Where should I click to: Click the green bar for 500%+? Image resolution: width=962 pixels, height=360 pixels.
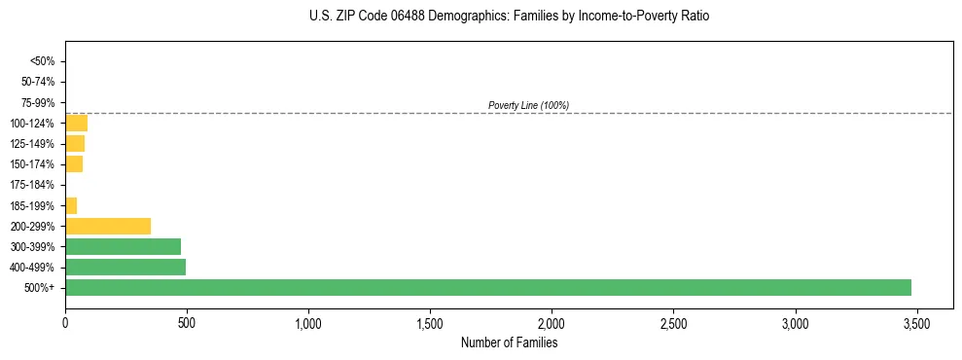(487, 287)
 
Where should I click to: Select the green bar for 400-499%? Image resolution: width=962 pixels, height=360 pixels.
(125, 267)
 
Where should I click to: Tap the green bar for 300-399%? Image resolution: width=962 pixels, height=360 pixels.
(123, 246)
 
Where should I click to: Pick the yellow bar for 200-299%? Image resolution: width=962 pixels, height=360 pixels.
(108, 226)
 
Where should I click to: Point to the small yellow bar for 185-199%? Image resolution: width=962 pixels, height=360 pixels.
(71, 205)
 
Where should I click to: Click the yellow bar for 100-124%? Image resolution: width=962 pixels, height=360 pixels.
(76, 123)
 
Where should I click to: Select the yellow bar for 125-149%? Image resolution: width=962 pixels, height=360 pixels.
(75, 143)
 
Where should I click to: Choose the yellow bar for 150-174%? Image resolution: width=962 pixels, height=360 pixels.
(74, 163)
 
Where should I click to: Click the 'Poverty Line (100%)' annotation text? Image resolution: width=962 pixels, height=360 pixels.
(528, 105)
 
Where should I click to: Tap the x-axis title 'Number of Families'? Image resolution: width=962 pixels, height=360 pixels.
(509, 342)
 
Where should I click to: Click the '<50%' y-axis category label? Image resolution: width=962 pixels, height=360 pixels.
(43, 61)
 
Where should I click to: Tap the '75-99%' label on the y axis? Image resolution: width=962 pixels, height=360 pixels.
(38, 102)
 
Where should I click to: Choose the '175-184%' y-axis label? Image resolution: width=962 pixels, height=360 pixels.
(34, 185)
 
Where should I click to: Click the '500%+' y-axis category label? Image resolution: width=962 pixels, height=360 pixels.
(39, 288)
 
